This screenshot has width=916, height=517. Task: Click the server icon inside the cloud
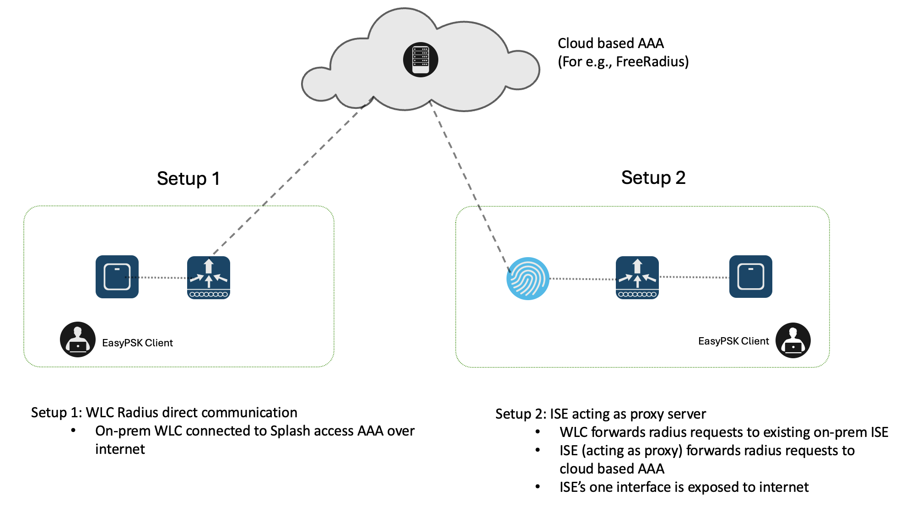point(420,60)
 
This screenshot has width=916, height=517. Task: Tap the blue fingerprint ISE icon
point(528,279)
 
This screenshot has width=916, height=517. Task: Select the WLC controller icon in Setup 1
point(209,277)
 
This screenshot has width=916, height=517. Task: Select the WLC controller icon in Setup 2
point(637,277)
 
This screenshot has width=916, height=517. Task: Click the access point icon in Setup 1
point(117,277)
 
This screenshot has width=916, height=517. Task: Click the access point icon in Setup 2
point(750,277)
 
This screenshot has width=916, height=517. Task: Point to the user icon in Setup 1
point(78,339)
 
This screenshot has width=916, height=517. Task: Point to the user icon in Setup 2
point(793,340)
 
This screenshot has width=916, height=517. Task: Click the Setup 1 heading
point(188,178)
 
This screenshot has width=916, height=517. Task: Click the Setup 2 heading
point(653,178)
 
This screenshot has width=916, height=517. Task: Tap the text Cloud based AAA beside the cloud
point(610,43)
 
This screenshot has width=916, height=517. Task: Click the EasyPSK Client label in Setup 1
point(137,343)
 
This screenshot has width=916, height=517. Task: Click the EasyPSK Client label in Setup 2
point(733,341)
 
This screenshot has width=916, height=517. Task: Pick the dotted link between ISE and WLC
point(582,279)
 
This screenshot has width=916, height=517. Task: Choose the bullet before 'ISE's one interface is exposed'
point(538,487)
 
